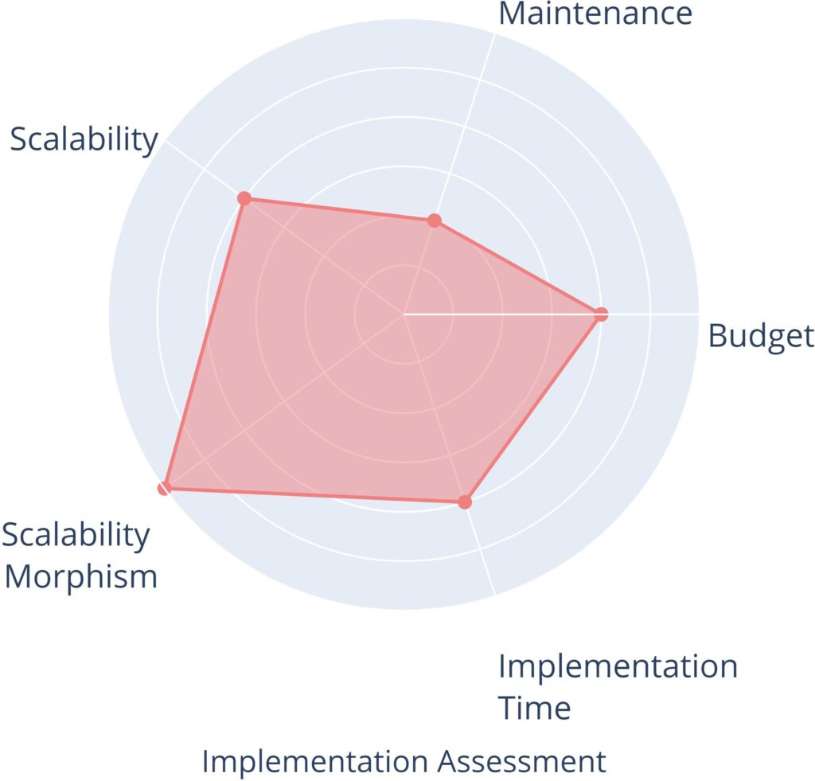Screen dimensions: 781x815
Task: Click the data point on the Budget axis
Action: click(x=601, y=314)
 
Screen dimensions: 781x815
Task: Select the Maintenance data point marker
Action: click(x=434, y=221)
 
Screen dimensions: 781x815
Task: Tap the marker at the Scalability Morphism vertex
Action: click(x=164, y=487)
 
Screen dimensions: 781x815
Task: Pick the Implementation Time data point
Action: click(x=465, y=502)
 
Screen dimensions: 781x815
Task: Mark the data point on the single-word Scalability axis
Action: click(x=245, y=198)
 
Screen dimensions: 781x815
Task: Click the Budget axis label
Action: click(x=761, y=336)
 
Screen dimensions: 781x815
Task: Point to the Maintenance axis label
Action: click(x=595, y=14)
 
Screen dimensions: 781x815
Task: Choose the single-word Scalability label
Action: click(x=84, y=139)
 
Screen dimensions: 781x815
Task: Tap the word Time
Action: click(x=535, y=707)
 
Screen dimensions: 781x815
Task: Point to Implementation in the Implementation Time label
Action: click(x=618, y=666)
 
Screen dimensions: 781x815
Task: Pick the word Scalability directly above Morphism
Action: click(x=76, y=535)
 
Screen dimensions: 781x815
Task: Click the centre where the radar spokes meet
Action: click(x=404, y=314)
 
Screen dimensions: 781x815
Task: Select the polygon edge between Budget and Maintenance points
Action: click(x=517, y=267)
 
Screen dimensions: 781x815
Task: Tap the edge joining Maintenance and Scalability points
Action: click(x=339, y=209)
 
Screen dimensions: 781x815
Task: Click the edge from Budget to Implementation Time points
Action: click(x=533, y=408)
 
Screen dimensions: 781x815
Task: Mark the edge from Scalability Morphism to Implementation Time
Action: click(x=314, y=494)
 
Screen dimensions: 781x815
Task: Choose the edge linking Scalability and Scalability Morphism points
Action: click(x=205, y=342)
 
